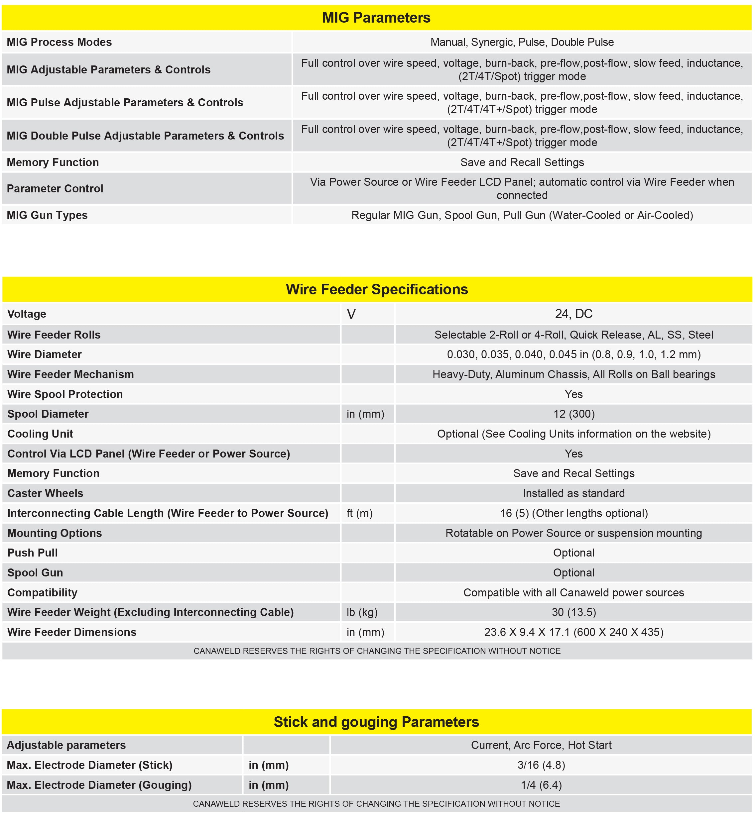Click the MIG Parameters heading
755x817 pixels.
tap(376, 18)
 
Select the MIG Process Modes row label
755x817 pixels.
tap(59, 42)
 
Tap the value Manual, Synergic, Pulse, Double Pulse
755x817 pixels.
tap(522, 42)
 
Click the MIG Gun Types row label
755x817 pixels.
tap(47, 215)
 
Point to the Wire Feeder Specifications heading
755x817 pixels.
tap(377, 289)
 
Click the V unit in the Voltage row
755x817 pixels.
tap(351, 314)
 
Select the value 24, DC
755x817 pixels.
tap(573, 314)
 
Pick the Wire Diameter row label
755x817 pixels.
tap(45, 355)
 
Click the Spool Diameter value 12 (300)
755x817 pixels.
tap(573, 414)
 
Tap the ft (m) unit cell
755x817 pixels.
tap(359, 513)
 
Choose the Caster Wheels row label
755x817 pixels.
tap(45, 493)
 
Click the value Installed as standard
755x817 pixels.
tap(573, 493)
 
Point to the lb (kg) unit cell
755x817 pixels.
tap(362, 612)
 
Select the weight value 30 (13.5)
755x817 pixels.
tap(573, 612)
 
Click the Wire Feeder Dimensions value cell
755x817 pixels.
tap(573, 632)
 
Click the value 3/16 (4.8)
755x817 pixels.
tap(541, 765)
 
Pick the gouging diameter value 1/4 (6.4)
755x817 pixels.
tap(541, 785)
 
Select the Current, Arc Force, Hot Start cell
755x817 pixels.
tap(541, 745)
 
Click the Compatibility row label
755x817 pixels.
tap(43, 592)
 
